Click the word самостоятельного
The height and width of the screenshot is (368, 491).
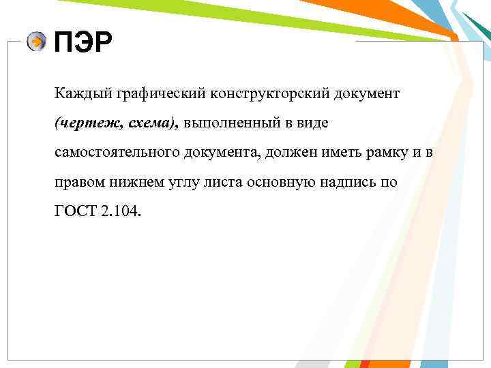tap(117, 153)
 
